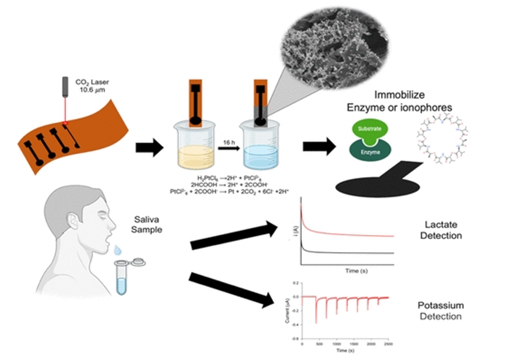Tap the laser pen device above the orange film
pos(66,93)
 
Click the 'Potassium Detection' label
pos(440,311)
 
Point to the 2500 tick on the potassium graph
pos(387,345)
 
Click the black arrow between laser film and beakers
pos(148,148)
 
